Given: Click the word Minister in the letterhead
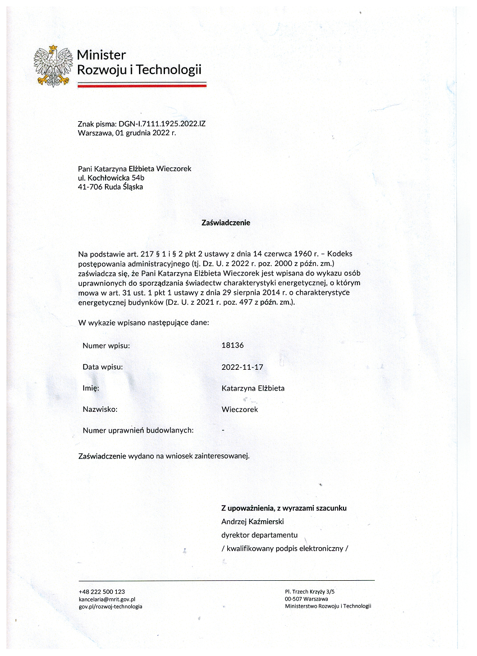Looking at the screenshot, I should click(x=102, y=55).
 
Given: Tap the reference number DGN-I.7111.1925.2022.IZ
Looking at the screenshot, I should click(x=159, y=123).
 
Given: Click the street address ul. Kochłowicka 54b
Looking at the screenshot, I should click(x=111, y=177).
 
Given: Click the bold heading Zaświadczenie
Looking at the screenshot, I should click(x=226, y=222).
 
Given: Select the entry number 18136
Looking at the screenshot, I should click(x=233, y=346).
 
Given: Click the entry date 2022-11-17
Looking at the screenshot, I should click(x=242, y=367).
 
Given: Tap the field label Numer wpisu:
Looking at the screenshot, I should click(x=106, y=346).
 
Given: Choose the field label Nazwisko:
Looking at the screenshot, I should click(x=100, y=409).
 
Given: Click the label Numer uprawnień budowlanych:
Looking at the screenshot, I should click(x=138, y=430).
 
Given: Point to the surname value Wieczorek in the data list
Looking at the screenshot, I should click(x=240, y=409).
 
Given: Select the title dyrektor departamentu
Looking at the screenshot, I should click(x=259, y=535).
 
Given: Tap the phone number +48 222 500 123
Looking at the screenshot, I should click(x=102, y=591).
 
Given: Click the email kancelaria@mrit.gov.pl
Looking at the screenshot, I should click(x=108, y=599).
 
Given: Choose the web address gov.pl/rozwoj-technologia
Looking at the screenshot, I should click(x=111, y=606).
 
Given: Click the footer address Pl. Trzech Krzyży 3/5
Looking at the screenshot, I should click(x=310, y=591).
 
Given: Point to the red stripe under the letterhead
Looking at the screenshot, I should click(x=141, y=86).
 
